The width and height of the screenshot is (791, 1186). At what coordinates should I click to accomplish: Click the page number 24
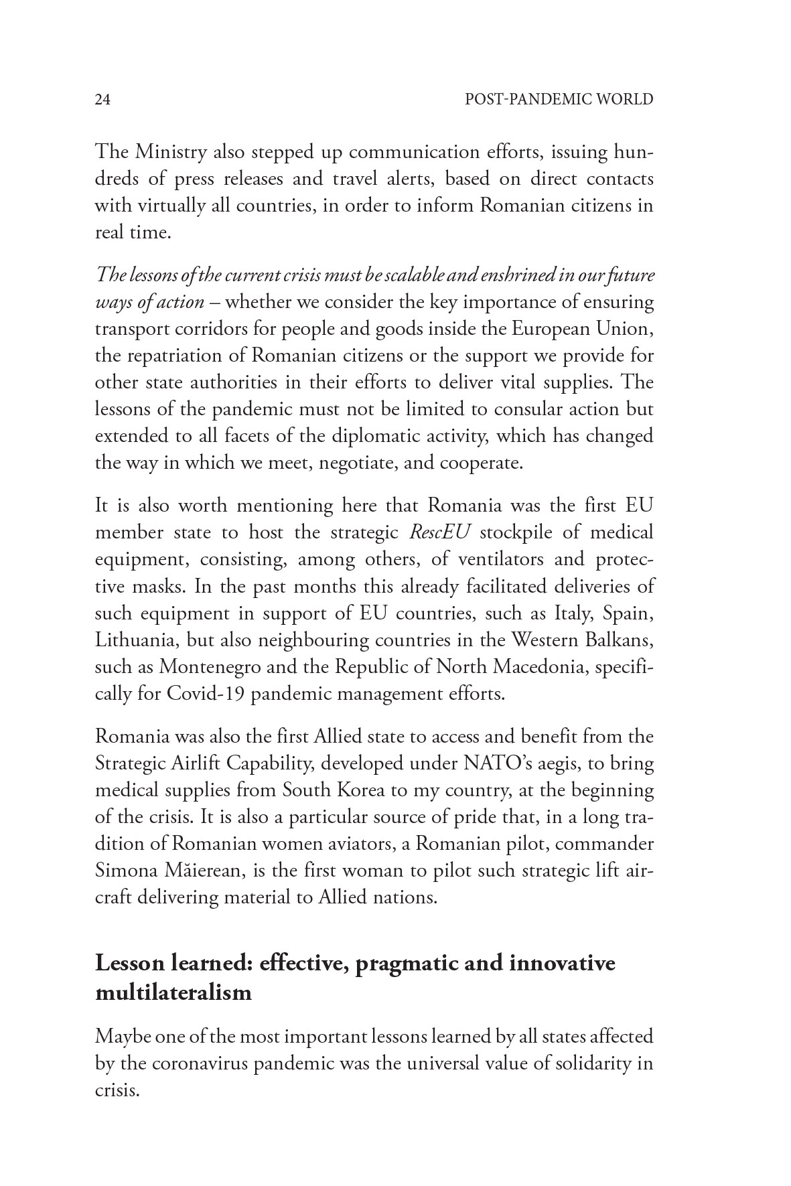click(x=102, y=100)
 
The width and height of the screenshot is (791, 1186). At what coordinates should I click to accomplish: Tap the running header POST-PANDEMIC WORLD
click(x=559, y=100)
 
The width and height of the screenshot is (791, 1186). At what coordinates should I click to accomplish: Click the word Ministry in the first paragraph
click(x=171, y=152)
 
